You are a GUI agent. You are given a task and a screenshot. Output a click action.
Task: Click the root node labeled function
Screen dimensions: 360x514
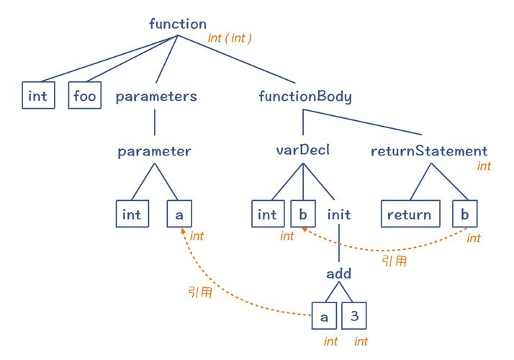click(x=178, y=24)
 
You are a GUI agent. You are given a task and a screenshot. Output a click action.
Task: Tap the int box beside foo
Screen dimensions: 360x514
click(x=37, y=95)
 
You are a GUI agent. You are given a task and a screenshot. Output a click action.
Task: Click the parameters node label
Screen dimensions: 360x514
click(x=156, y=96)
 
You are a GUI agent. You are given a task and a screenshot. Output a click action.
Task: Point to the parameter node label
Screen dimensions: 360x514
click(x=155, y=151)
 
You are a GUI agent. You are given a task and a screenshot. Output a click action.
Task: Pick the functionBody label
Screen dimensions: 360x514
click(x=305, y=96)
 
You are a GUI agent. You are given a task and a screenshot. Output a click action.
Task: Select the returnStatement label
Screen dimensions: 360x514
click(x=429, y=151)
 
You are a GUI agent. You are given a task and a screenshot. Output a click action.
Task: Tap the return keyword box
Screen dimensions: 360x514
click(x=409, y=214)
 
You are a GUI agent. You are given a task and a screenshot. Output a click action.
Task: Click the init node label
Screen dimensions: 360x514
click(x=338, y=214)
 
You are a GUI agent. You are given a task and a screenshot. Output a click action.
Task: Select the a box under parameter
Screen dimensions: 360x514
click(x=179, y=214)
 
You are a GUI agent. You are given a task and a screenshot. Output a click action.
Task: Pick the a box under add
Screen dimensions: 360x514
click(x=323, y=315)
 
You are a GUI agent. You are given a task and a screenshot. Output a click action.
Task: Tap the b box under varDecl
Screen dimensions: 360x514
click(x=303, y=214)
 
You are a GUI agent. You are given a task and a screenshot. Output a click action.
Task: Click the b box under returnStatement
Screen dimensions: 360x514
click(x=465, y=214)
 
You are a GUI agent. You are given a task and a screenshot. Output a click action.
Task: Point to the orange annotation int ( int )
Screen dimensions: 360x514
click(x=230, y=37)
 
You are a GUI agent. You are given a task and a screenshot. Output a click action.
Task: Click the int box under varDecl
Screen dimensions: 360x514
click(x=268, y=214)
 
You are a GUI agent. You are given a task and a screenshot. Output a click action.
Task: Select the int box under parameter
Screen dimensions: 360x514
click(x=132, y=214)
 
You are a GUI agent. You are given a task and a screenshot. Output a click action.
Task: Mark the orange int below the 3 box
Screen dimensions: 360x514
click(x=361, y=341)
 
